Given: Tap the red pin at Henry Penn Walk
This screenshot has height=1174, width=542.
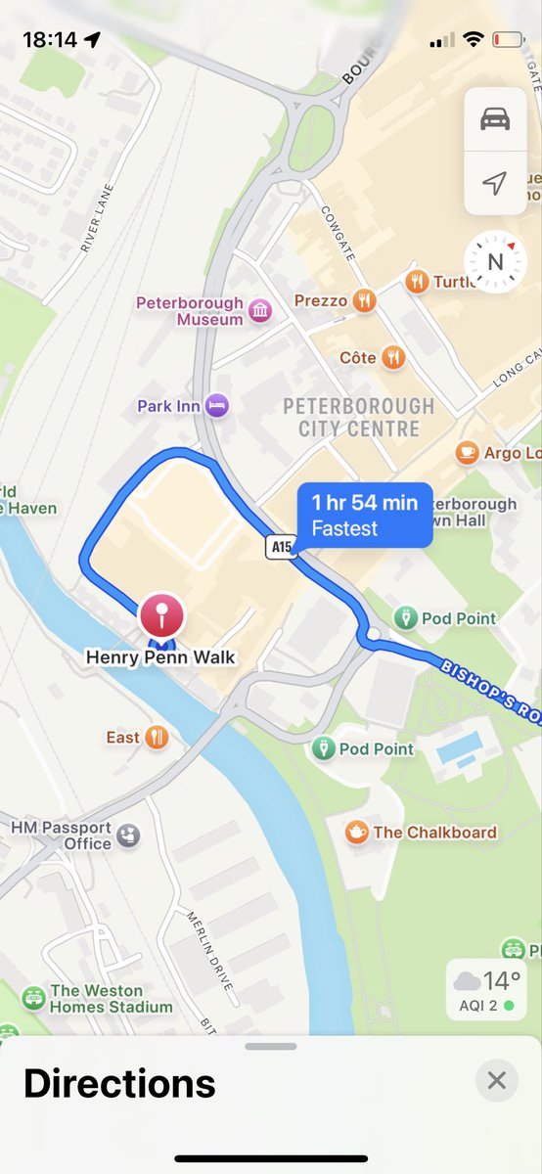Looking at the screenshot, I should click(x=163, y=617).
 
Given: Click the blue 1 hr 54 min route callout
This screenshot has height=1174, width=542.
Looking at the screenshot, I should click(x=364, y=515).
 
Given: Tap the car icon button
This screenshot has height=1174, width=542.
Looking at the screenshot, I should click(x=495, y=119).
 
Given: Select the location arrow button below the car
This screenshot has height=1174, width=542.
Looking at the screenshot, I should click(x=495, y=183).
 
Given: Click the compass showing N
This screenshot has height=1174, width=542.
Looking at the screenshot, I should click(x=495, y=261).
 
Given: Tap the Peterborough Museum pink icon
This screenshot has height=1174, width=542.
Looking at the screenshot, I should click(x=260, y=311).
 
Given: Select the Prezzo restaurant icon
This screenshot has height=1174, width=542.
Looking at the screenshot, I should click(x=365, y=300).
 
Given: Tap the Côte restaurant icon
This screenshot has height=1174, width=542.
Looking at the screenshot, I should click(x=393, y=357).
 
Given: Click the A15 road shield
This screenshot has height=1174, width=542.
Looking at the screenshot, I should click(x=280, y=548).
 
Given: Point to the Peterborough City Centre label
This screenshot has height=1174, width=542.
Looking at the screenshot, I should click(x=358, y=417).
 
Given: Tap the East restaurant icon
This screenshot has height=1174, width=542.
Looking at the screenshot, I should click(x=157, y=737).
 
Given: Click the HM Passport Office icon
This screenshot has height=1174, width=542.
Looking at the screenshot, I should click(x=128, y=835).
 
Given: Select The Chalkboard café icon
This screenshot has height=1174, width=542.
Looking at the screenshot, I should click(x=356, y=832).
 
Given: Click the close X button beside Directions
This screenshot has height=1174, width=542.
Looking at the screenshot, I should click(x=497, y=1080).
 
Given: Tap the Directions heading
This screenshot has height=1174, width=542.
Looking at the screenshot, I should click(x=119, y=1084).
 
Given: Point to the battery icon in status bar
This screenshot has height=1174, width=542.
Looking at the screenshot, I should click(x=508, y=40).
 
